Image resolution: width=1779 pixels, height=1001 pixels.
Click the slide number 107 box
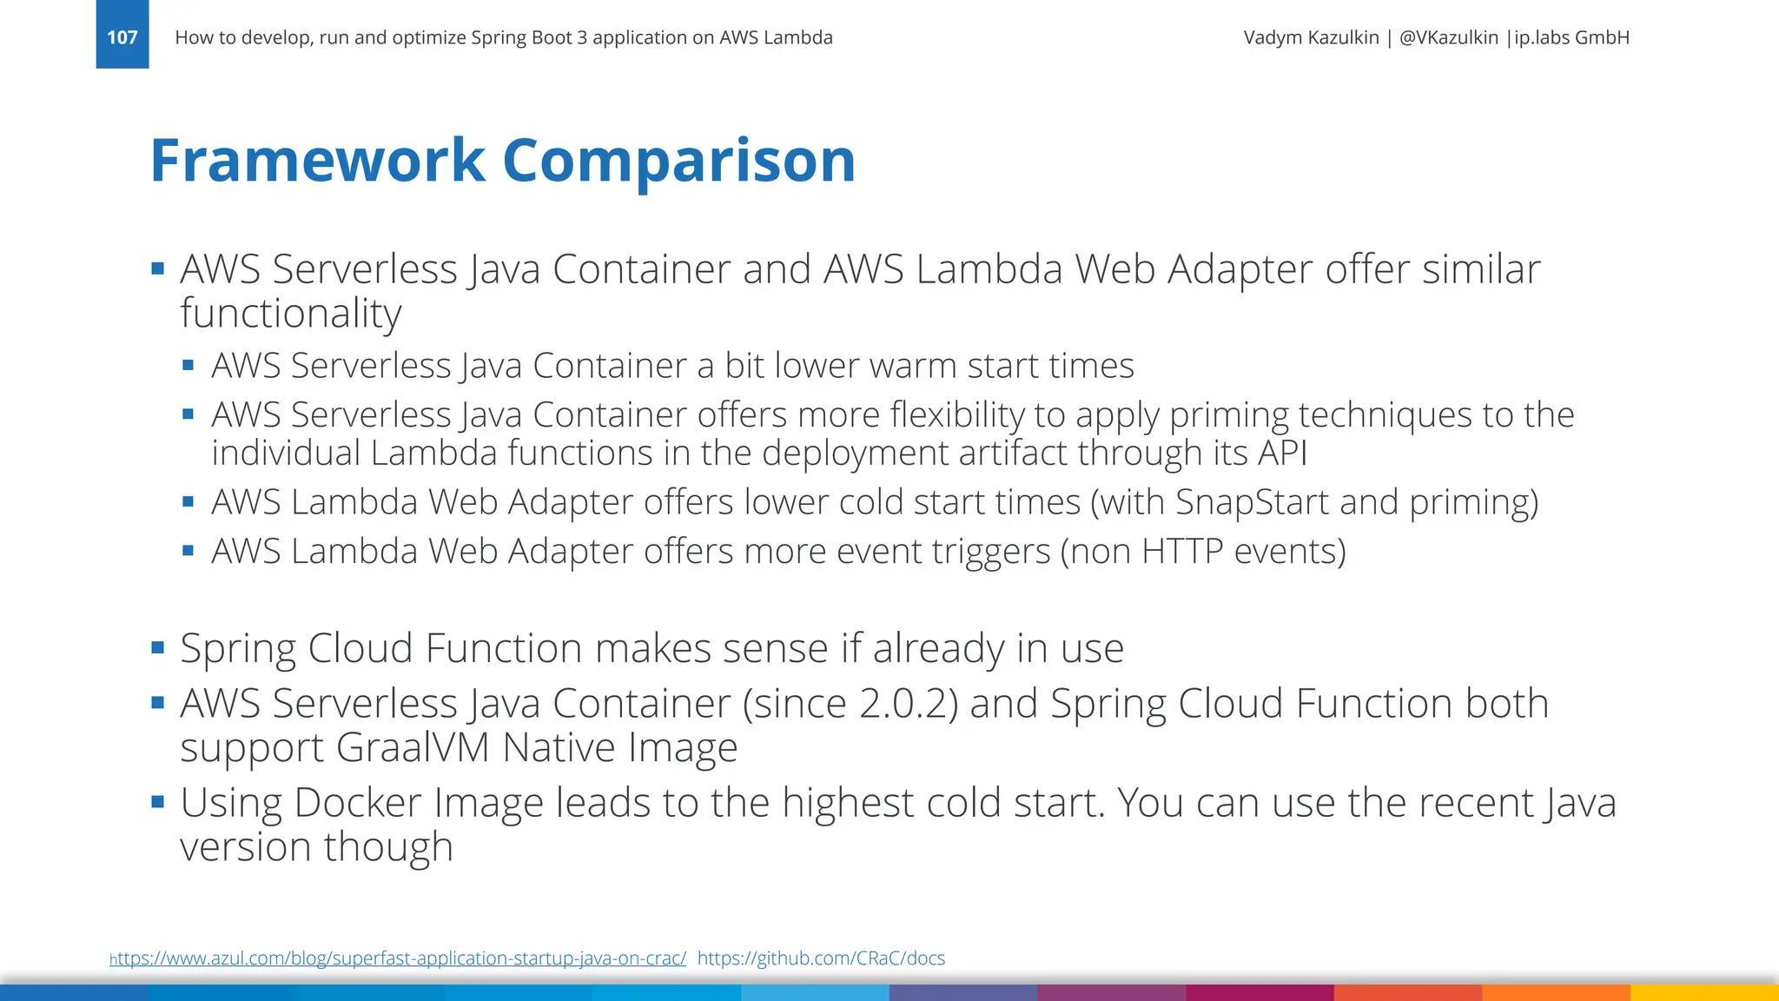(x=122, y=36)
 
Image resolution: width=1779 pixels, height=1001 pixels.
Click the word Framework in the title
(x=317, y=161)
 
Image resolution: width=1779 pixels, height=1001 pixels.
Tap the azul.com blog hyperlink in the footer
(x=398, y=958)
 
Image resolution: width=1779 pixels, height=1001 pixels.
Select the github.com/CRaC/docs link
(x=821, y=958)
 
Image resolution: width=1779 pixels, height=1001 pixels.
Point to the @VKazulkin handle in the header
(x=1448, y=37)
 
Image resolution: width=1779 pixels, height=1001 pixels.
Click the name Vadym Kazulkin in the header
(x=1311, y=37)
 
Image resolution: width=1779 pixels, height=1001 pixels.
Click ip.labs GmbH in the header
(x=1571, y=37)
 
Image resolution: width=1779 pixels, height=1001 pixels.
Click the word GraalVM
(x=413, y=748)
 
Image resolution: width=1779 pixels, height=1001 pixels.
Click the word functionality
(x=291, y=314)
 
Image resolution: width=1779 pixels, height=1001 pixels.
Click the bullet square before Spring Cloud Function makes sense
(x=158, y=647)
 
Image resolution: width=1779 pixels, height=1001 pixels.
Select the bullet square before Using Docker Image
(x=158, y=801)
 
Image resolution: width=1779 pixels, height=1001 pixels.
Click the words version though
(x=316, y=847)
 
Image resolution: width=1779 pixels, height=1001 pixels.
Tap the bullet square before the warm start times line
(x=188, y=365)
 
